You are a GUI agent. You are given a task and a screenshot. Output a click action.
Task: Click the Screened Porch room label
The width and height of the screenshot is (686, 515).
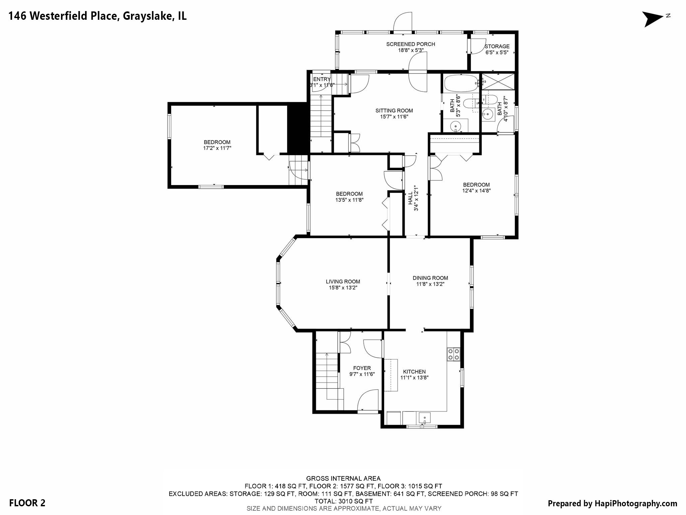410,44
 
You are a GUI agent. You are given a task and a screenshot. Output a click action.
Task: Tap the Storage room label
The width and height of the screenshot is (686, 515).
497,47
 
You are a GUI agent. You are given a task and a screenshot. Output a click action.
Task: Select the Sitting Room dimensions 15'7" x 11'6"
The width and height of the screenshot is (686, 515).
394,117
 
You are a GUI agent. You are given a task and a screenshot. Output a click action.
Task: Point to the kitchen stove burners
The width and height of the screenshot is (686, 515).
454,354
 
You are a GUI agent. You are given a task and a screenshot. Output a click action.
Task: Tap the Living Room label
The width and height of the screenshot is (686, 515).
343,282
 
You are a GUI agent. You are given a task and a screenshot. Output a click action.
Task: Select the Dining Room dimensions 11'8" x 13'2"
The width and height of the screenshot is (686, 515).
430,284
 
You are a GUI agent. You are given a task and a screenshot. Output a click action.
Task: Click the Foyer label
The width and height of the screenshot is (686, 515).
362,368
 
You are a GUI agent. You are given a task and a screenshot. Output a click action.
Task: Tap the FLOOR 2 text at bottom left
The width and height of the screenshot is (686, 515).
27,503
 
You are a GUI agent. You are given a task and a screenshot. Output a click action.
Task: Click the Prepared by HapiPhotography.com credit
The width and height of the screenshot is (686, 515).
612,503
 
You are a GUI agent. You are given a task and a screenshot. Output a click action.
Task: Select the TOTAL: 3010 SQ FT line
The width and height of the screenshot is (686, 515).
344,501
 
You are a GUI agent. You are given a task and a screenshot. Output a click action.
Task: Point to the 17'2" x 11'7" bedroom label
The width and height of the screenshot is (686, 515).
217,145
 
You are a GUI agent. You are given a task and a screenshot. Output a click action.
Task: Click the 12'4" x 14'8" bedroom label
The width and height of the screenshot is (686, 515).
476,188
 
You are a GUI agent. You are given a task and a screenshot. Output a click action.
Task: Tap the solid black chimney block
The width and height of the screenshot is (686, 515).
297,129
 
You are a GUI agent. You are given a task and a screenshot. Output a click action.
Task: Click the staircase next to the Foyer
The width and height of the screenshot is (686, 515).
327,376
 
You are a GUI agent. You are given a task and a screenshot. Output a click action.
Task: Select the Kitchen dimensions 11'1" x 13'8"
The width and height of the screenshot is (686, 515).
414,378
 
